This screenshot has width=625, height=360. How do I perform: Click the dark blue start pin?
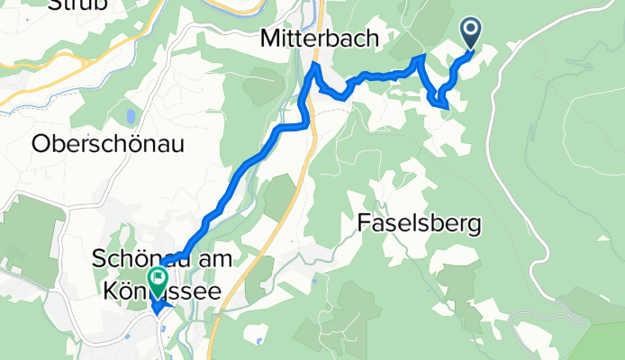472,34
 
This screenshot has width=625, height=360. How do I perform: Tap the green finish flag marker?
159,280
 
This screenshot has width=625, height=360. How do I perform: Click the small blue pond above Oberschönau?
131,117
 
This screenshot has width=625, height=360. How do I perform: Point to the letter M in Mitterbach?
271,39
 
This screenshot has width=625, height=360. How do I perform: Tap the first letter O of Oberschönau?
40,142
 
